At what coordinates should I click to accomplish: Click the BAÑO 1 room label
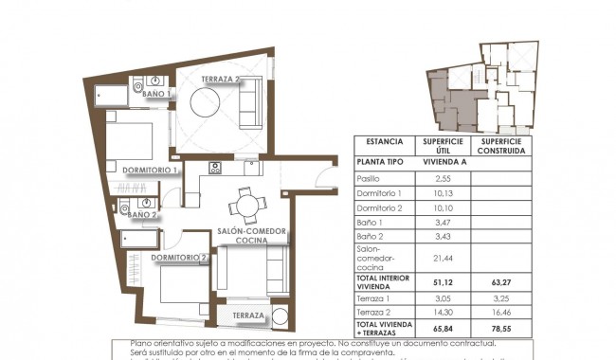[x=156, y=95]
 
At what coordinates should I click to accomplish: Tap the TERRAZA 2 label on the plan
[x=223, y=80]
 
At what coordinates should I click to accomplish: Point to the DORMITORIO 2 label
[x=179, y=257]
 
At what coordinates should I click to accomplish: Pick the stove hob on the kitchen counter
[x=215, y=170]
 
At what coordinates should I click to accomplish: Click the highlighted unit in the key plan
[x=451, y=99]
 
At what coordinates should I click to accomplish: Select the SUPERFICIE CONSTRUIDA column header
[x=501, y=146]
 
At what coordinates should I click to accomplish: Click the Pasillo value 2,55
[x=443, y=178]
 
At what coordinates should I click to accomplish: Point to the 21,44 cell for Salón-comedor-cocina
[x=443, y=257]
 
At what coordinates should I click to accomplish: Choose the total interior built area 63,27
[x=501, y=281]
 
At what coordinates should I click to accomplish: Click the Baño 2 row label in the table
[x=371, y=235]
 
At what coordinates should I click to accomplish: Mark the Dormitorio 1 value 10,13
[x=443, y=192]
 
